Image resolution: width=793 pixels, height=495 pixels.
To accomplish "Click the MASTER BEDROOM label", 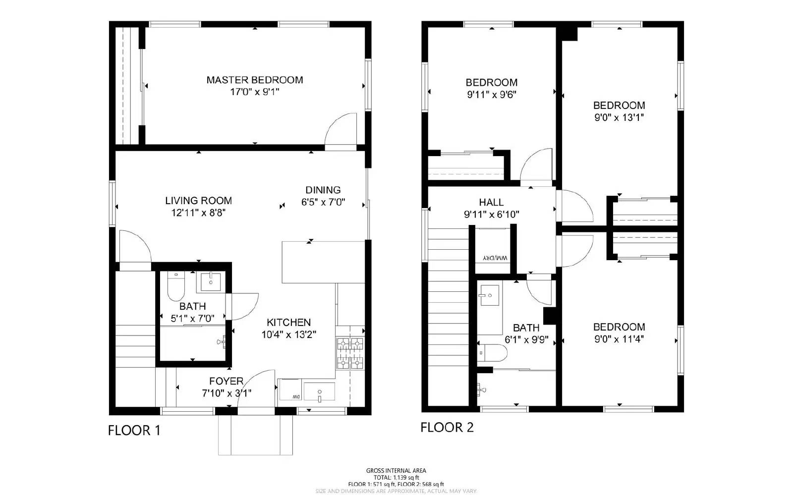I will tap(254, 80).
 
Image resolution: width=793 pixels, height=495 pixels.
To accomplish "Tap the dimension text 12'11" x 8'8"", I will tap(198, 213).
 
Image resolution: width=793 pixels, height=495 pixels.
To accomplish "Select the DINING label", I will tap(323, 190).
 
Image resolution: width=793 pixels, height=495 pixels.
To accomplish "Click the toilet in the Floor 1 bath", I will tap(175, 288).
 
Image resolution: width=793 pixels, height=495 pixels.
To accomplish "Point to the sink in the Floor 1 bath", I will tap(212, 282).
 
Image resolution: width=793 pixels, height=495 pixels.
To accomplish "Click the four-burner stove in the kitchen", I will tap(350, 353).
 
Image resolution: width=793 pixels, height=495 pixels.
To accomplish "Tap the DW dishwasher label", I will tap(296, 397).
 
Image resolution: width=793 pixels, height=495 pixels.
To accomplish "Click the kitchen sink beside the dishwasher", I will tap(319, 391).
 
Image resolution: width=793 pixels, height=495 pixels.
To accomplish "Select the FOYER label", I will tap(226, 381).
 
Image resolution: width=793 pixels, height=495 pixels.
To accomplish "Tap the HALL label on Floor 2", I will tap(491, 202).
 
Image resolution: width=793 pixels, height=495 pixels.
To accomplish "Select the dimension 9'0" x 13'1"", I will tap(619, 118).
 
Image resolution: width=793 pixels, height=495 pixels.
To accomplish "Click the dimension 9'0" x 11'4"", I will tap(619, 339).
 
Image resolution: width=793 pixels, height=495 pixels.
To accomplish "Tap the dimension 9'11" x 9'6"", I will tap(492, 95).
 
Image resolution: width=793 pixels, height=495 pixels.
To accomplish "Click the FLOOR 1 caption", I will tap(134, 430).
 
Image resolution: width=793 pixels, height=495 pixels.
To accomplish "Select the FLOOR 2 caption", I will tap(447, 427).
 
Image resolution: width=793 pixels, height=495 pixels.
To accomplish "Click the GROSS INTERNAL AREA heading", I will tap(396, 471).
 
